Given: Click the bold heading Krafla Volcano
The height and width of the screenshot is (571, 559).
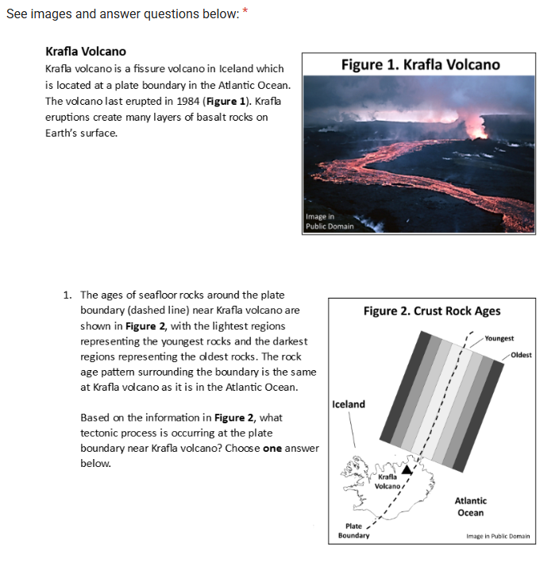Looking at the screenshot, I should click(x=86, y=52).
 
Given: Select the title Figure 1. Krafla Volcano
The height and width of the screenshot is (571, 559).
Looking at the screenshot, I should click(x=420, y=64).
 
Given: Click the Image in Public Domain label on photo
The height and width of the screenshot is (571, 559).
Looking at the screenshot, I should click(x=330, y=222).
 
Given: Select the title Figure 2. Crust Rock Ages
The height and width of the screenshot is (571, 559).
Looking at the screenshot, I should click(x=431, y=311).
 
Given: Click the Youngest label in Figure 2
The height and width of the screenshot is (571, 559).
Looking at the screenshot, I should click(x=499, y=338).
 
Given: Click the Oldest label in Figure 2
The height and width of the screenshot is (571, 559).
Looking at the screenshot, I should click(x=522, y=354).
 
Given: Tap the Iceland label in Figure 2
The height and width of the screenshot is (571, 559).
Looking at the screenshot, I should click(x=349, y=404).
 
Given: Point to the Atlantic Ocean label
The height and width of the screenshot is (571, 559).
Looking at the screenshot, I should click(x=470, y=507).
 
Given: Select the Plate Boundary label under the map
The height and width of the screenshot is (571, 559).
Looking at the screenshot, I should click(x=353, y=530).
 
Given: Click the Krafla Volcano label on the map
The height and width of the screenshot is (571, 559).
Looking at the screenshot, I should click(x=387, y=481).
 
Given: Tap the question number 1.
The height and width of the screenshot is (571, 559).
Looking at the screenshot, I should click(x=67, y=295).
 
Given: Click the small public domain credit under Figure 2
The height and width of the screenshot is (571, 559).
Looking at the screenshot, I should click(x=498, y=537).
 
